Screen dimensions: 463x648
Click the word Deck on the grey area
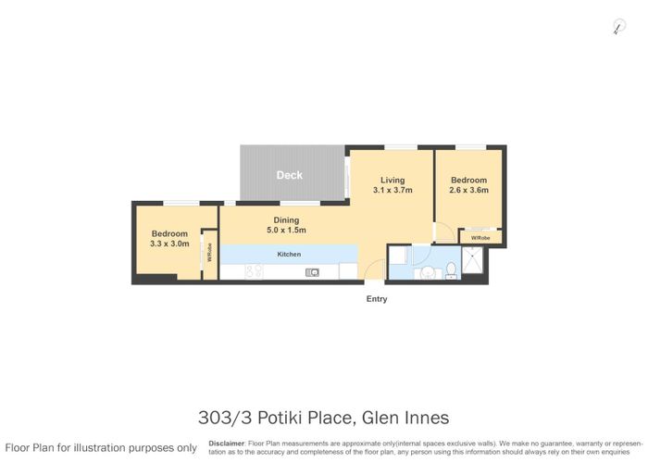click(289, 175)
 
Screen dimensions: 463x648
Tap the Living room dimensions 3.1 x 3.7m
click(392, 190)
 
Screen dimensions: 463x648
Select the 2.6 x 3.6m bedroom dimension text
click(468, 190)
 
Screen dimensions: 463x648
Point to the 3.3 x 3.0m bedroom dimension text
click(168, 244)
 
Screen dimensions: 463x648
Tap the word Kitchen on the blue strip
click(289, 253)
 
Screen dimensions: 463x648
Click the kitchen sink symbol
click(314, 271)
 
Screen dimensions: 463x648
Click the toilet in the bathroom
click(451, 269)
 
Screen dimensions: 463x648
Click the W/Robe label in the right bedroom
click(480, 238)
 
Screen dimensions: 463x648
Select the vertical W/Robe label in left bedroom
click(210, 253)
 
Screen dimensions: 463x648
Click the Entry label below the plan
click(377, 299)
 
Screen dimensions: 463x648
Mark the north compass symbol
click(618, 28)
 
